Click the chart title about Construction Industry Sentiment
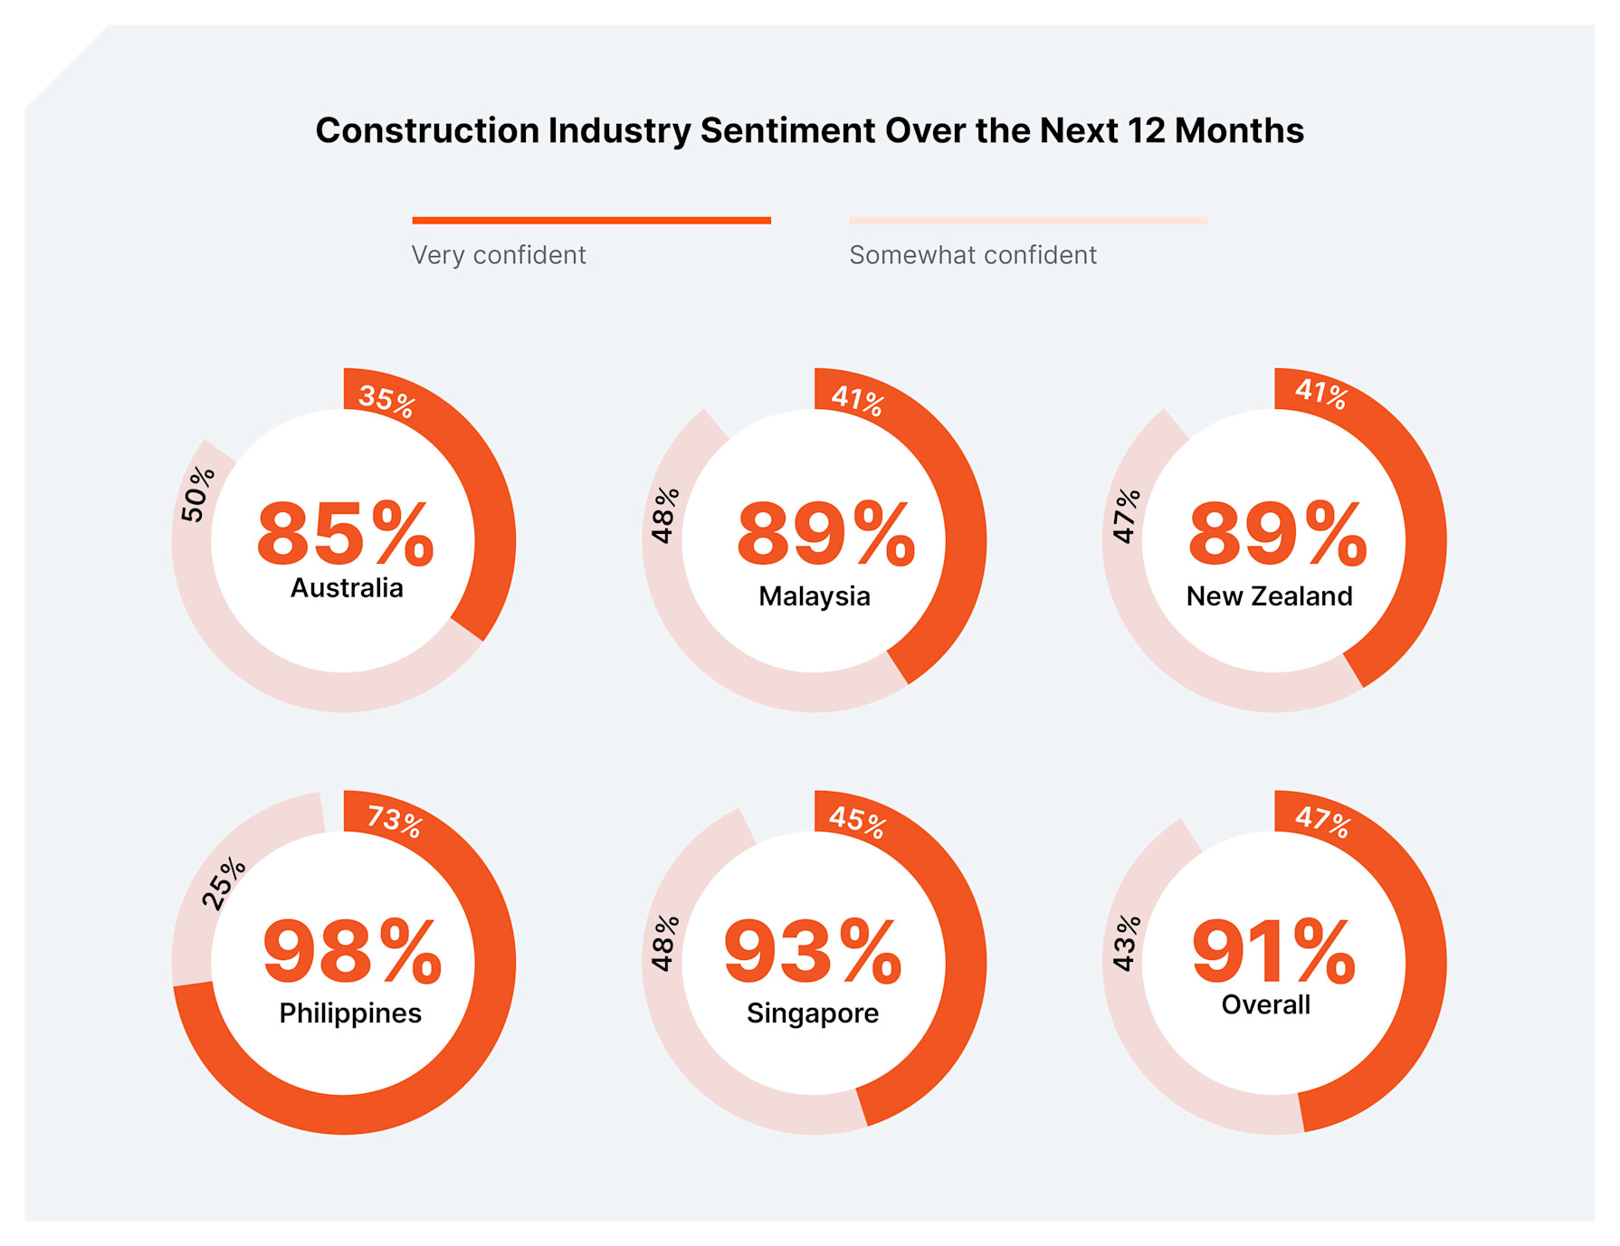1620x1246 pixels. pyautogui.click(x=809, y=131)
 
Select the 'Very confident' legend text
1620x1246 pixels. pyautogui.click(x=499, y=255)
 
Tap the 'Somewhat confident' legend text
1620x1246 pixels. pyautogui.click(x=973, y=255)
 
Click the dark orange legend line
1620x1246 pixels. pyautogui.click(x=591, y=220)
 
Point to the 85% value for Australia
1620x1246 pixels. pyautogui.click(x=346, y=534)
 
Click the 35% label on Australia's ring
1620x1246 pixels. pyautogui.click(x=386, y=399)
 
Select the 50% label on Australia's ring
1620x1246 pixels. pyautogui.click(x=197, y=494)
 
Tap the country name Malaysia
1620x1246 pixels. pyautogui.click(x=814, y=596)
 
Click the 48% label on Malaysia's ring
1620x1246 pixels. pyautogui.click(x=665, y=515)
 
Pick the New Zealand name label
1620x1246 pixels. pyautogui.click(x=1269, y=596)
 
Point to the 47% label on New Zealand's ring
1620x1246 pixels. pyautogui.click(x=1126, y=516)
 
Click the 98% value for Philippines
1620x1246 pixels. pyautogui.click(x=352, y=952)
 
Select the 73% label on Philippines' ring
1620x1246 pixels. pyautogui.click(x=395, y=821)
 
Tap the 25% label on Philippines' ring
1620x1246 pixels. pyautogui.click(x=223, y=882)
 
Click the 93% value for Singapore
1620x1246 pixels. pyautogui.click(x=813, y=952)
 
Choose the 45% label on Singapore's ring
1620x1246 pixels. pyautogui.click(x=857, y=821)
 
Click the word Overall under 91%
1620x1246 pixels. pyautogui.click(x=1265, y=1004)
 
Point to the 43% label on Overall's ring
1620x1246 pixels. pyautogui.click(x=1126, y=943)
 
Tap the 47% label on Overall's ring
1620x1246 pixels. pyautogui.click(x=1322, y=821)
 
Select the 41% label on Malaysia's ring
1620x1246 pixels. pyautogui.click(x=857, y=399)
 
